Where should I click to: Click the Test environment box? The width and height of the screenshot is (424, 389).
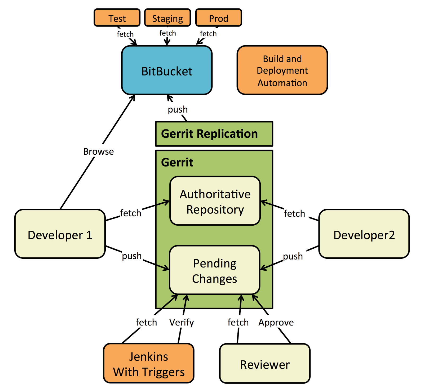tap(117, 18)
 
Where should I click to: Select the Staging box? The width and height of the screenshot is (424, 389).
tap(167, 18)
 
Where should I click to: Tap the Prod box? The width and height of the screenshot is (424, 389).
tap(218, 18)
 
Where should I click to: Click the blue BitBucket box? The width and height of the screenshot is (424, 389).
tap(167, 70)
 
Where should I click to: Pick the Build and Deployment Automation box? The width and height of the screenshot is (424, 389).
tap(282, 70)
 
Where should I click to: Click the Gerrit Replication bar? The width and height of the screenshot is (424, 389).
tap(214, 134)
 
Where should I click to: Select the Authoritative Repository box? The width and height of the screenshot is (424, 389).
tap(215, 201)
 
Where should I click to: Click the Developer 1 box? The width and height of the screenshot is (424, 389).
tap(60, 234)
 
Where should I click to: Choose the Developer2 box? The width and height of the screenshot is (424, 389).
tap(364, 234)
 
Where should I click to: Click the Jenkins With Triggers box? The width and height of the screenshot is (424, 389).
tap(149, 364)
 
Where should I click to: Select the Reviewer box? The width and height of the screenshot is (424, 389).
tap(265, 364)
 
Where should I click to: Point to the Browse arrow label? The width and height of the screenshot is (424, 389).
tap(98, 151)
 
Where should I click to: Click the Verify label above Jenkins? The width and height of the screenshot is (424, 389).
tap(182, 322)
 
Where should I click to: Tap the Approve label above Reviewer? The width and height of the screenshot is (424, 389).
tap(276, 322)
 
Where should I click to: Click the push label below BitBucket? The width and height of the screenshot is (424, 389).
tap(178, 109)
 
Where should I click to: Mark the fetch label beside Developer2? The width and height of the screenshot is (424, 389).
tap(294, 213)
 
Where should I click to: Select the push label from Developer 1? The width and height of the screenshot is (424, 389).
tap(132, 256)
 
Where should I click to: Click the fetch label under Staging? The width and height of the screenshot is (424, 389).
tap(167, 33)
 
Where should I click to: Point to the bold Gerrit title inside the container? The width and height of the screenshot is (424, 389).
tap(177, 162)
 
